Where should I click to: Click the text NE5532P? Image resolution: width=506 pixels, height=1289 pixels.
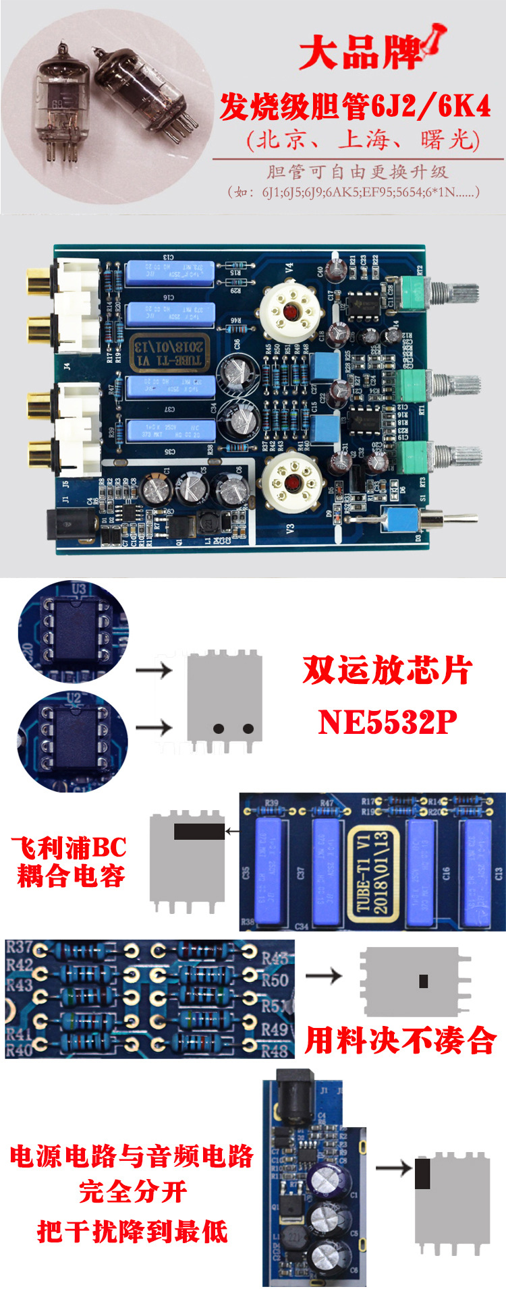(x=387, y=722)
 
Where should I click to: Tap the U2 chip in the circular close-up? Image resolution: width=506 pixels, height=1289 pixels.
(x=75, y=738)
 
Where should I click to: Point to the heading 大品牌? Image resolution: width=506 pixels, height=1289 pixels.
(x=361, y=52)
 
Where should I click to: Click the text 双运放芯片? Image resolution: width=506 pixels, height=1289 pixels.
(x=387, y=670)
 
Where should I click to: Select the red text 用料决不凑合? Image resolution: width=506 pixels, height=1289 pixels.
(x=401, y=1040)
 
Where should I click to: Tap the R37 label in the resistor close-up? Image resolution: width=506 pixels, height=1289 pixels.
(x=19, y=948)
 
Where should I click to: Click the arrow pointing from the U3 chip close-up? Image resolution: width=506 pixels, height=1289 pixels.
(x=154, y=670)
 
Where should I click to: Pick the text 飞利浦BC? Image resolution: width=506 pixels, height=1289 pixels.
(x=69, y=847)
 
